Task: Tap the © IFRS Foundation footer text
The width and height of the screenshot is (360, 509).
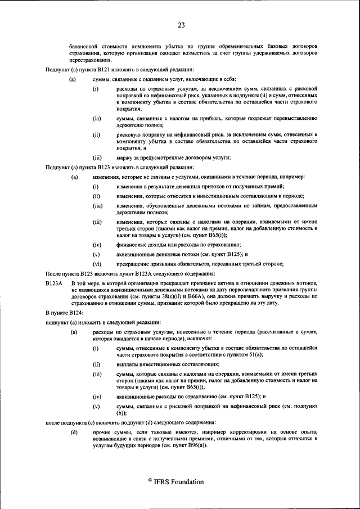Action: pyautogui.click(x=176, y=482)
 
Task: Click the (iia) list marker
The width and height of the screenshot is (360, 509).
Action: pyautogui.click(x=97, y=206)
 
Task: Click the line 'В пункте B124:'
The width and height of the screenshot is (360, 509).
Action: pyautogui.click(x=64, y=312)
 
